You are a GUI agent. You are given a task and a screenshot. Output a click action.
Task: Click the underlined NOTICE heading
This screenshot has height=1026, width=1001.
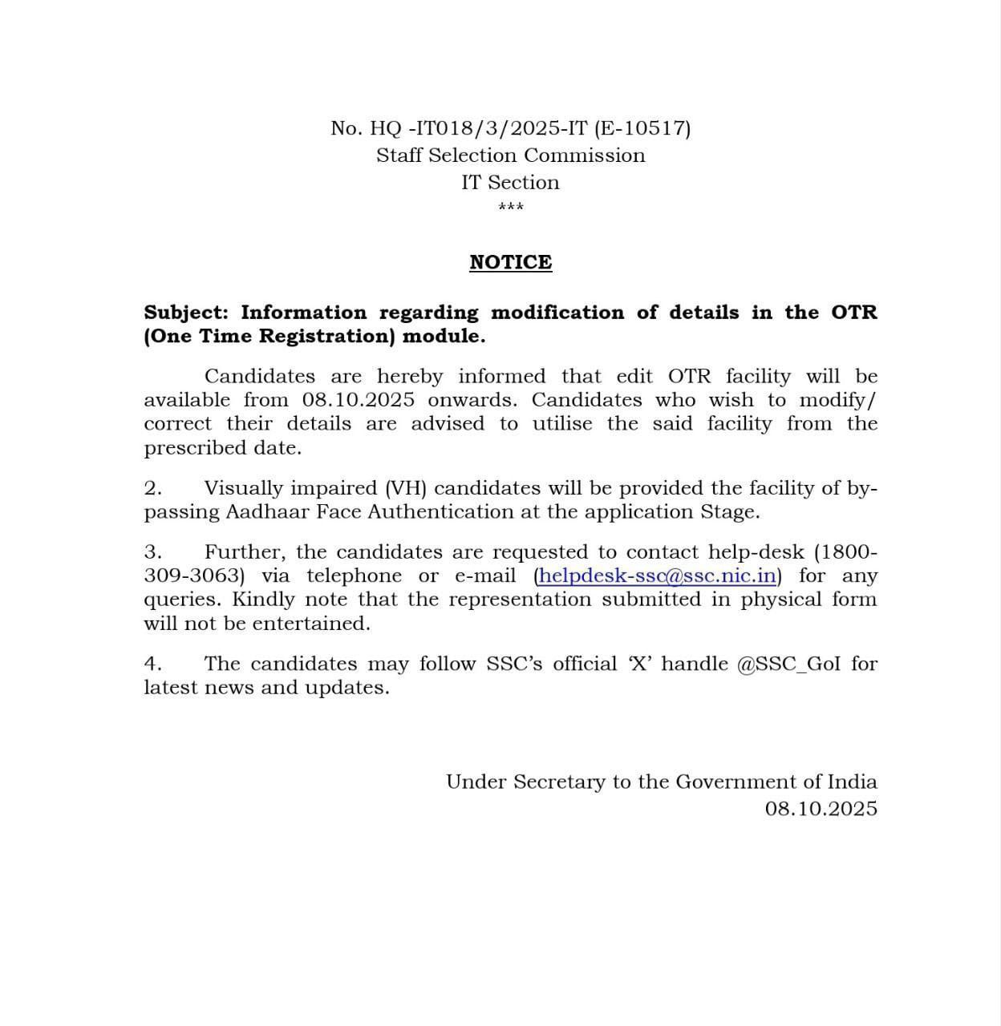click(x=510, y=263)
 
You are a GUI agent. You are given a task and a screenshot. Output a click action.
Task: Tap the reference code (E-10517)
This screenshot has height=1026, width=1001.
click(x=642, y=128)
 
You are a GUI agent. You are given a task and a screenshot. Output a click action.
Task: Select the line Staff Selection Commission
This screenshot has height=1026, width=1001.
click(x=510, y=156)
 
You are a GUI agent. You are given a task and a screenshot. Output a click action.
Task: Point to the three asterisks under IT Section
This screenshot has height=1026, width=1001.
click(x=510, y=208)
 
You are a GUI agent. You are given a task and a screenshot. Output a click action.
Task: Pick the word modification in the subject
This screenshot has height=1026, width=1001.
click(x=557, y=313)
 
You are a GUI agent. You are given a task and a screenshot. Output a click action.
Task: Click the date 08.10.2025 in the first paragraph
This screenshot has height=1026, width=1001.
click(x=358, y=400)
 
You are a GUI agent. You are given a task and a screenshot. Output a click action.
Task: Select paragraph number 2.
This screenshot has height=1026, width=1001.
click(x=152, y=489)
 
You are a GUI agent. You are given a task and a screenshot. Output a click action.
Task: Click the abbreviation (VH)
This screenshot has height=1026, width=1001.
click(x=405, y=489)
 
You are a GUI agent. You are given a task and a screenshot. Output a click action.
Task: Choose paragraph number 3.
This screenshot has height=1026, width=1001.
click(x=152, y=552)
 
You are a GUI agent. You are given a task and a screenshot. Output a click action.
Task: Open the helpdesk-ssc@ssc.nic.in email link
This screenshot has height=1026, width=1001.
click(x=657, y=576)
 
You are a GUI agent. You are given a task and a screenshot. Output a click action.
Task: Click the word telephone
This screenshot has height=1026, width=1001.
click(x=354, y=576)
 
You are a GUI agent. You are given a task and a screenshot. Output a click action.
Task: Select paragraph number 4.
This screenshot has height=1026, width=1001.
click(x=152, y=664)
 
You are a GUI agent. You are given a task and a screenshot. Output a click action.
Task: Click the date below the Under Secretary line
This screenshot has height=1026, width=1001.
click(x=821, y=809)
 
